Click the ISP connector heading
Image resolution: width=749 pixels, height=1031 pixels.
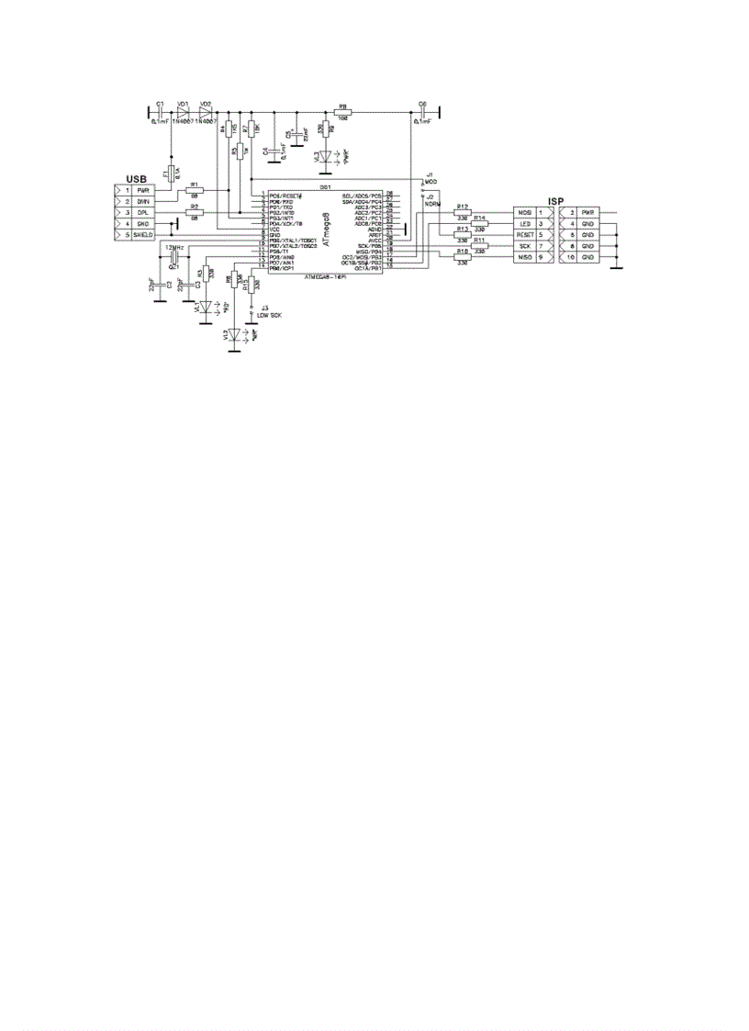pos(555,201)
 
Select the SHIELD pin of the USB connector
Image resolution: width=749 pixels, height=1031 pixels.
pos(142,235)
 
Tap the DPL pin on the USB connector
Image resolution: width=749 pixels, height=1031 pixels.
pos(142,212)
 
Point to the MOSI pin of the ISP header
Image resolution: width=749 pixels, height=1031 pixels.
pos(523,212)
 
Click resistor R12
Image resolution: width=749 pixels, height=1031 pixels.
pos(462,212)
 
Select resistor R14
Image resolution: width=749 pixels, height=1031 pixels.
pos(479,223)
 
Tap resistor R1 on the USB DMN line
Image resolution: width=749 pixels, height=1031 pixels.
pos(194,190)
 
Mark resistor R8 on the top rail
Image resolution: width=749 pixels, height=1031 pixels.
pos(343,112)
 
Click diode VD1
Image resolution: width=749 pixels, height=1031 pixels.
pos(183,111)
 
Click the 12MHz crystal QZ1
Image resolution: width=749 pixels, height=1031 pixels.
pos(173,258)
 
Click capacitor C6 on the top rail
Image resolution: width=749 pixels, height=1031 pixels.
pos(423,112)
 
